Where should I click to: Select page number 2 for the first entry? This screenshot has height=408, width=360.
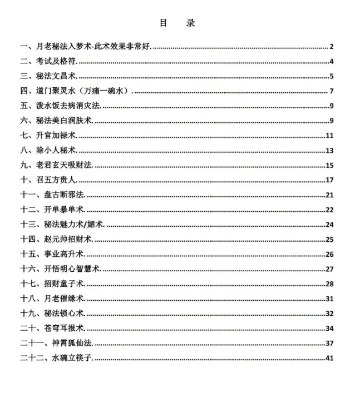pos(331,46)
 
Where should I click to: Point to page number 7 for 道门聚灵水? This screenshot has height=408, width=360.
pos(331,91)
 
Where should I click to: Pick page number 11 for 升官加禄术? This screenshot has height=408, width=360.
pos(329,136)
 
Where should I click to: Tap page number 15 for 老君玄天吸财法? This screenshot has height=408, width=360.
pos(329,165)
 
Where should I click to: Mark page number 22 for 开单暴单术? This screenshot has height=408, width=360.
pos(329,210)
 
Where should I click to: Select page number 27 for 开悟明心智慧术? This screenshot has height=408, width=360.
pos(329,269)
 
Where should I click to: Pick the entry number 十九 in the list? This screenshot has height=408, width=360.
pos(28,314)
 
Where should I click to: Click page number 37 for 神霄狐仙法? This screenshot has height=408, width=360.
pos(329,343)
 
